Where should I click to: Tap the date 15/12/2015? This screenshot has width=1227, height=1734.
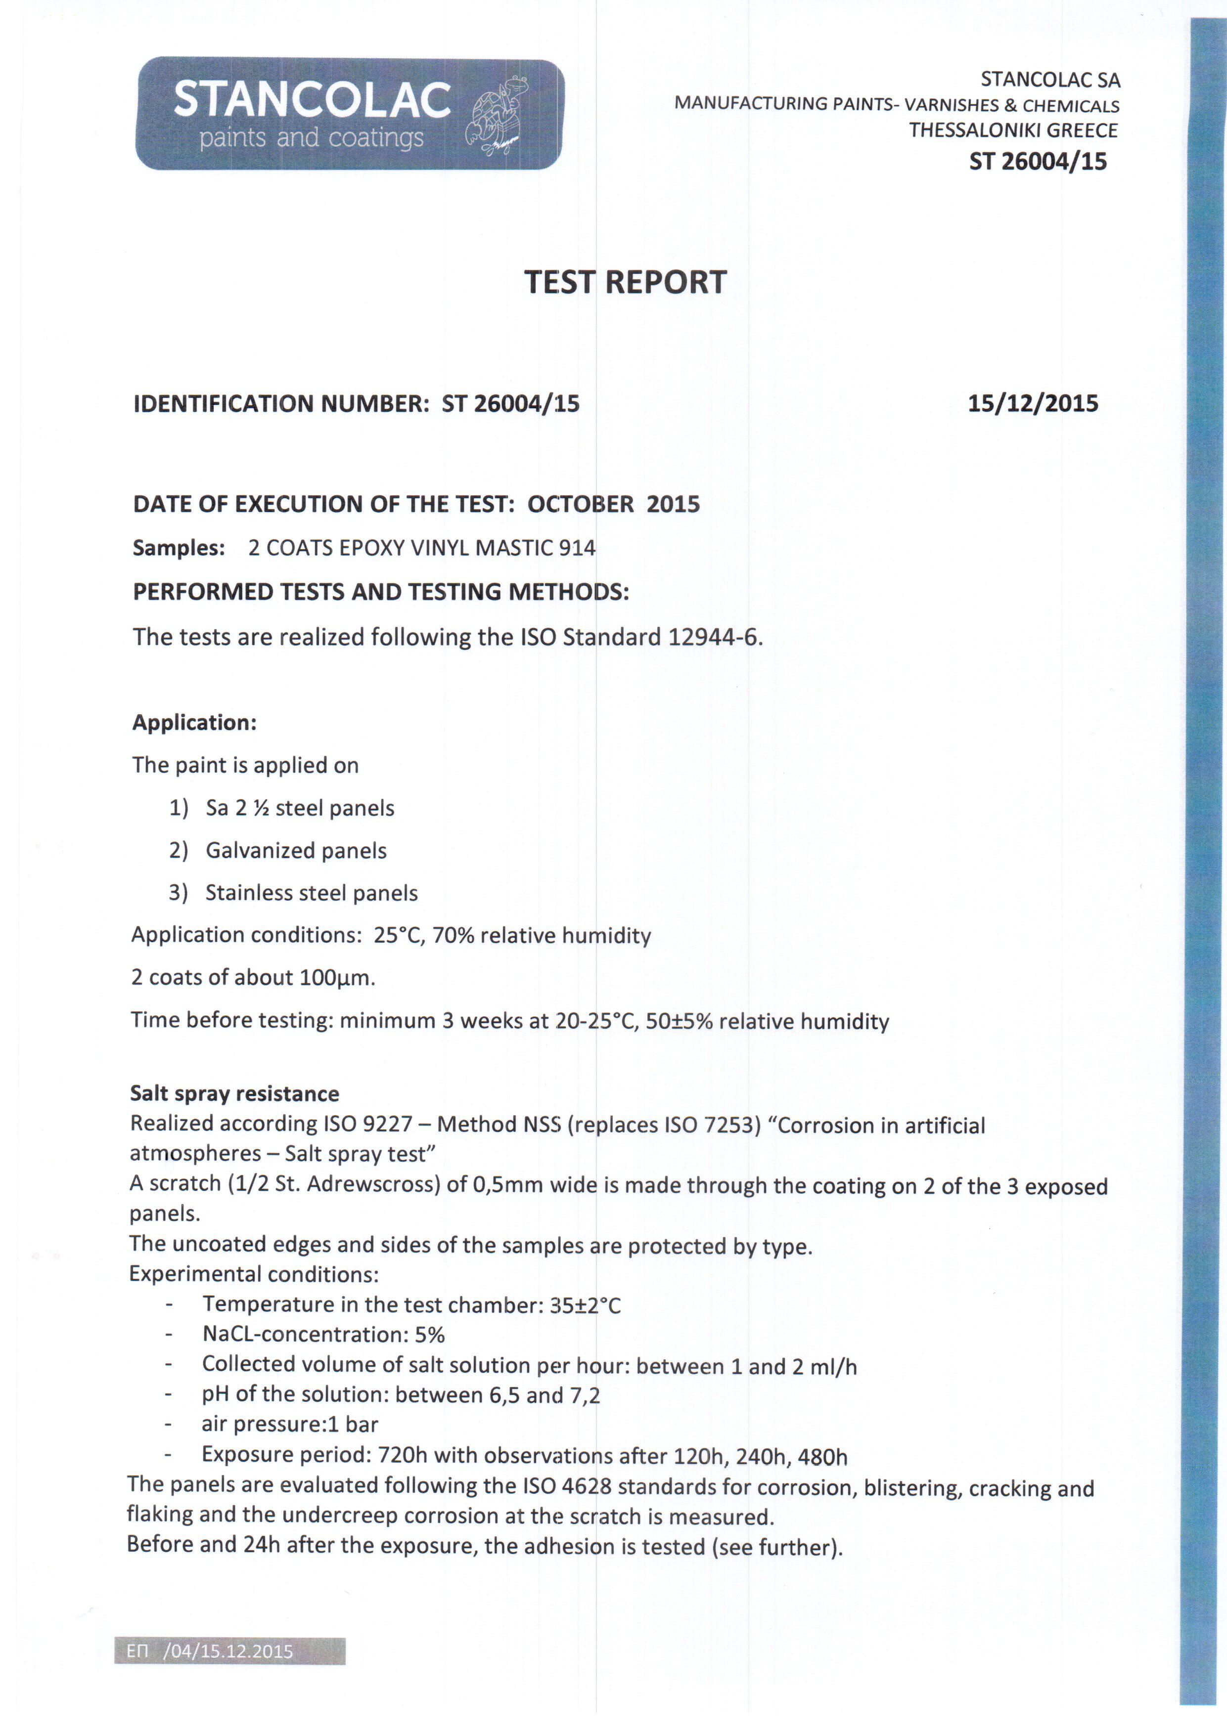1032,403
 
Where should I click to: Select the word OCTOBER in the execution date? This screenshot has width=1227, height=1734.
580,505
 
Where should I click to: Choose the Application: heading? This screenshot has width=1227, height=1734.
194,723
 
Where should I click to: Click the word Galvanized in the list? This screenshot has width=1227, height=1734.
254,851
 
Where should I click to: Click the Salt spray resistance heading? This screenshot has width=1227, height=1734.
234,1093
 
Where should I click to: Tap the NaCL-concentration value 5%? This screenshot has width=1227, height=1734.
429,1335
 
